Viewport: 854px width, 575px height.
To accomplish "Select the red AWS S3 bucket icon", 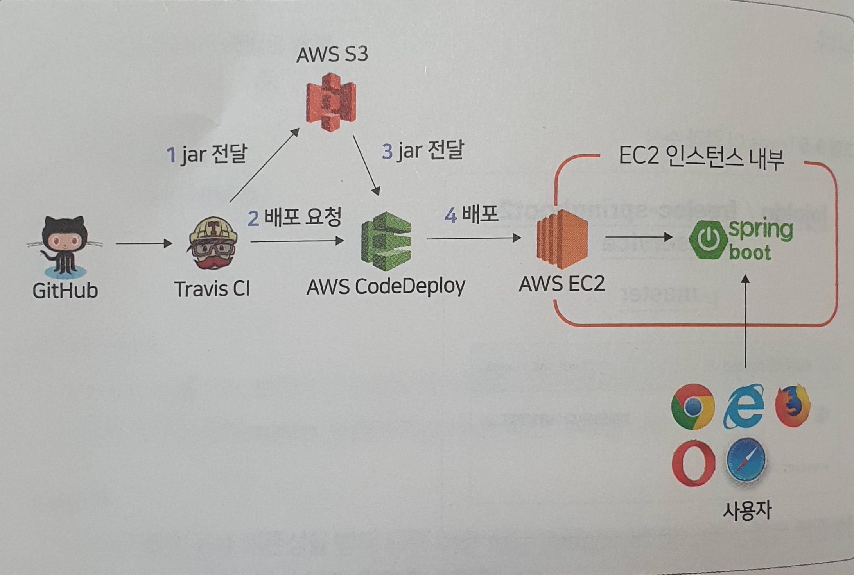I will (x=331, y=102).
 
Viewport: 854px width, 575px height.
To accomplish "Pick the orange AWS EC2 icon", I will (x=562, y=239).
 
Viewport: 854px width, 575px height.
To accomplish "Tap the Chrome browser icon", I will (x=693, y=407).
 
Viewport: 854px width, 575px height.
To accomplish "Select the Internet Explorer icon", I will (x=743, y=406).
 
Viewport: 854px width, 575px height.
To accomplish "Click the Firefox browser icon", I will (x=792, y=406).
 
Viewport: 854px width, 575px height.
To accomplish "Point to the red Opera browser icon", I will (x=693, y=463).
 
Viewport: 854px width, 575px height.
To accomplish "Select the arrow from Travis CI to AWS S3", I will (x=264, y=166).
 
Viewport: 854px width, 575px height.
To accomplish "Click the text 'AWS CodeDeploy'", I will (x=386, y=287).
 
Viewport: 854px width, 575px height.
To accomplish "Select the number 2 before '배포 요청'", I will (x=253, y=218).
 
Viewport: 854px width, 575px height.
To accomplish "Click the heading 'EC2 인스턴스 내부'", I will (x=701, y=158).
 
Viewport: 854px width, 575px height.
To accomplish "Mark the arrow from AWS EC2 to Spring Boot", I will (x=639, y=237).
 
